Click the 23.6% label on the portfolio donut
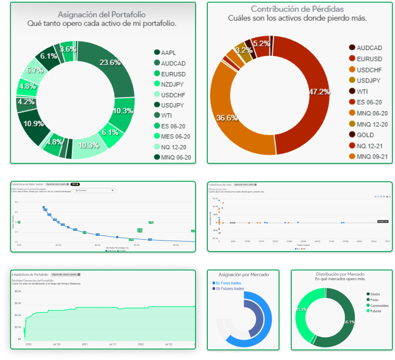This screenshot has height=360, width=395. pos(110,62)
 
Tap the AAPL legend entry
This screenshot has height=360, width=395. pos(168,53)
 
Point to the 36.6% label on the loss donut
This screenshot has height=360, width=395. pos(227,118)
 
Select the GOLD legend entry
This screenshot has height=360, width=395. pos(365,135)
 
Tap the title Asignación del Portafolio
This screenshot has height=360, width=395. pos(102,14)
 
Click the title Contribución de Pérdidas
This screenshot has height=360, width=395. pos(297,9)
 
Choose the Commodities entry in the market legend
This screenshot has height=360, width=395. pos(381,305)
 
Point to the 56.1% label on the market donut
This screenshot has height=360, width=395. pos(349,322)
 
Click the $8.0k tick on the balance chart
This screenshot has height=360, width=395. pos(18,291)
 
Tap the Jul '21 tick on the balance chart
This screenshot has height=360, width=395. pos(112,344)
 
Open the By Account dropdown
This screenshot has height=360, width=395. pos(94,191)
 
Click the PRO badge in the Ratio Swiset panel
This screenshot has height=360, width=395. pos(75,184)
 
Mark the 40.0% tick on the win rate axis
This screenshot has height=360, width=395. pos(98,245)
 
